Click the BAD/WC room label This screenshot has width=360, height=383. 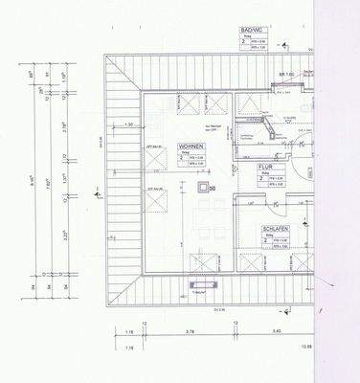(253, 32)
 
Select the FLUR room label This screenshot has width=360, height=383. (266, 167)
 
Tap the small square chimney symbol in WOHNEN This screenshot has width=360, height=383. (199, 189)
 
